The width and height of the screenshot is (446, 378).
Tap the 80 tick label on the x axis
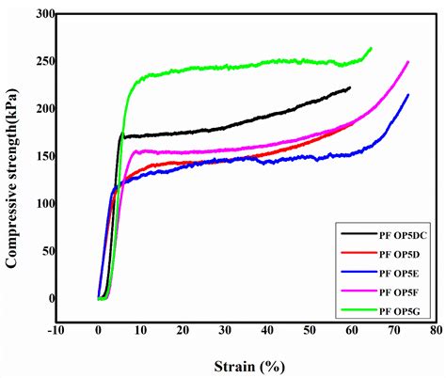click(436, 331)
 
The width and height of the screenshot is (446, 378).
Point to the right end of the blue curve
click(407, 94)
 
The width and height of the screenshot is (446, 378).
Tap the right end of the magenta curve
click(407, 62)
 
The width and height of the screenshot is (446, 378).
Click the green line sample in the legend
click(355, 311)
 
